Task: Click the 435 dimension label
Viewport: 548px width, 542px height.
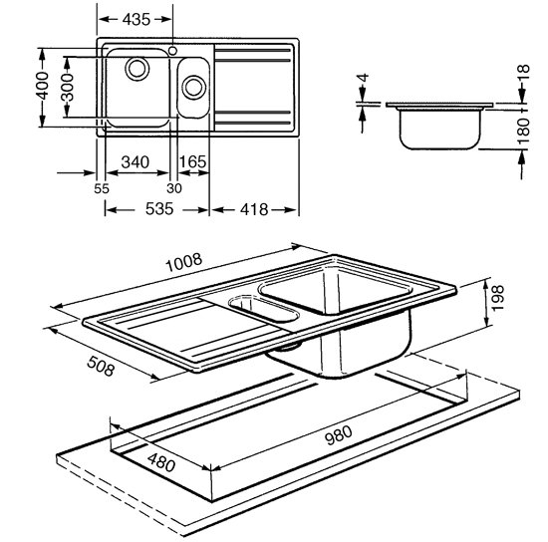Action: [x=137, y=20]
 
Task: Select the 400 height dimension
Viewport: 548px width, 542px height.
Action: [x=43, y=86]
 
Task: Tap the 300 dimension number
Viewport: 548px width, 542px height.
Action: [x=67, y=87]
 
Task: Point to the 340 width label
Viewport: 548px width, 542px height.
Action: [x=136, y=162]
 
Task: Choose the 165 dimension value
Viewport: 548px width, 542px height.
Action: [x=192, y=161]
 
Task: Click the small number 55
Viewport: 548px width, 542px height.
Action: [x=102, y=188]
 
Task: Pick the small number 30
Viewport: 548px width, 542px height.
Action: [x=174, y=188]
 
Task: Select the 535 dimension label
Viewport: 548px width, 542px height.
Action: [x=159, y=209]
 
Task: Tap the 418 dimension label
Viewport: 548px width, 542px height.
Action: [x=254, y=209]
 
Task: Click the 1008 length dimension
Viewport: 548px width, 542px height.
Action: [x=184, y=262]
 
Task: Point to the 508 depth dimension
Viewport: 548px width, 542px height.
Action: [x=101, y=366]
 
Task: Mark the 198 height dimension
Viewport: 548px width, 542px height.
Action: [x=498, y=298]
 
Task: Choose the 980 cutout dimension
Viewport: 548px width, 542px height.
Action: [x=339, y=435]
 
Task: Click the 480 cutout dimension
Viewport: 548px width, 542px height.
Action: [x=161, y=462]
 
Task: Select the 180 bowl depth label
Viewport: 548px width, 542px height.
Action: [x=523, y=132]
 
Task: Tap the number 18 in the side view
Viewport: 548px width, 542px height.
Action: [x=524, y=74]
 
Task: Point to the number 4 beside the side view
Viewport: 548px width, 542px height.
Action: [x=364, y=78]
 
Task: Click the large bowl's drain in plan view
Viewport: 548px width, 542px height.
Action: [x=137, y=69]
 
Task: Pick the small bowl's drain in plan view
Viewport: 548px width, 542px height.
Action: [x=193, y=87]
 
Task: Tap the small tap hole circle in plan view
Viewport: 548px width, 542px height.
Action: [x=172, y=51]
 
